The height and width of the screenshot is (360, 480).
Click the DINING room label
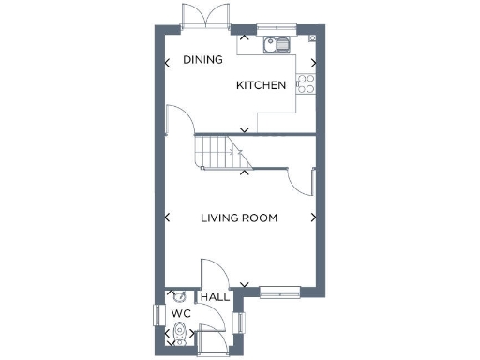tap(202, 60)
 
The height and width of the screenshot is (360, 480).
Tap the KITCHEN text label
tap(261, 85)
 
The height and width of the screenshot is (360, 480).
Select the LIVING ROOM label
tap(239, 217)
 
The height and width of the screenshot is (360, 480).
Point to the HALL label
tap(215, 296)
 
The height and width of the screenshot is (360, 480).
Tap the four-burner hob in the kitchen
tap(306, 85)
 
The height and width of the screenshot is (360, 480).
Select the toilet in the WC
tap(179, 333)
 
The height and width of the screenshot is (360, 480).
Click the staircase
tap(221, 151)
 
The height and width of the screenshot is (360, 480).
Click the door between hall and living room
tap(212, 272)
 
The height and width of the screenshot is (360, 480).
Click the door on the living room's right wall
tap(302, 180)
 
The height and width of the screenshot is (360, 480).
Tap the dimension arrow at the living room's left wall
tap(168, 217)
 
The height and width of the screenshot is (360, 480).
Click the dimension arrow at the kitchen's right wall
tap(314, 64)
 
